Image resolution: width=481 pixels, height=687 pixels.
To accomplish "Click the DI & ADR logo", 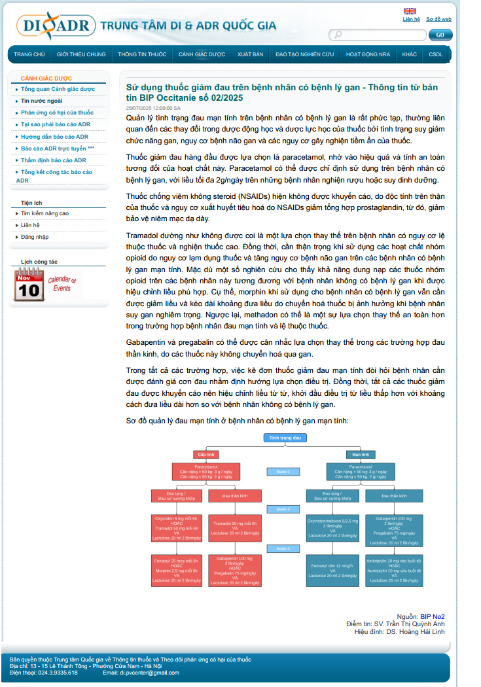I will point(56,26).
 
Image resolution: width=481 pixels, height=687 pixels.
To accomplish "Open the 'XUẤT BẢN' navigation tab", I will point(251,54).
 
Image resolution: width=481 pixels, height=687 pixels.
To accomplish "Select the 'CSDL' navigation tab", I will point(436,54).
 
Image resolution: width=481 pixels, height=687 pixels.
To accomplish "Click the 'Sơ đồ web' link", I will point(438,19).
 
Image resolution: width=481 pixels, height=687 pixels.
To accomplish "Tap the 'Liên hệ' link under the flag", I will point(411,19).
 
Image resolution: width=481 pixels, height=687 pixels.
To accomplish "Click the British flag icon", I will point(410,10).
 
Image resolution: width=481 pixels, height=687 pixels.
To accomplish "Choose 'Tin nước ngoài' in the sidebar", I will point(41,101).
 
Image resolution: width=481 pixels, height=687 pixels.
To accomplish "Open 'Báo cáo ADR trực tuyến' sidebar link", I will point(58,149).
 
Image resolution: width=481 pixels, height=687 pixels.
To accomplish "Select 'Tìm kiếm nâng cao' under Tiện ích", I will point(45,213).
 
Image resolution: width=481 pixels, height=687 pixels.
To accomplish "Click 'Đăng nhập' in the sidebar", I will point(34,237).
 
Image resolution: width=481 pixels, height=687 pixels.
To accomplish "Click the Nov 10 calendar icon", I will point(29,285).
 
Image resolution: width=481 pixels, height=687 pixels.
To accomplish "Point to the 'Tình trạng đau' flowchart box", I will point(285,437).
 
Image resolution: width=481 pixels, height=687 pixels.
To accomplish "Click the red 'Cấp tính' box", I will point(207,454).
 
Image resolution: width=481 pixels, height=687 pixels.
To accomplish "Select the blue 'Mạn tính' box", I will point(361,454).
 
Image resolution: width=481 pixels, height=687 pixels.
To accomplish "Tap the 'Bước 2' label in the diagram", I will point(283,509).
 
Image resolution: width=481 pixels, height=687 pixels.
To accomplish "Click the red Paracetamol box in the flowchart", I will point(207,472).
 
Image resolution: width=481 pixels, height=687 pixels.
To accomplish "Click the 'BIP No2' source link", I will point(433,616).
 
